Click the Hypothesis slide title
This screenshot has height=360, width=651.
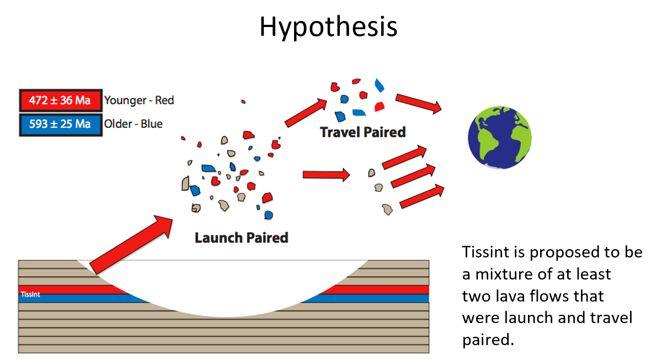click(328, 26)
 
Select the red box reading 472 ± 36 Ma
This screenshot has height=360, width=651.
click(60, 100)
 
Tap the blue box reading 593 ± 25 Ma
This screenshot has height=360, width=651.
click(60, 124)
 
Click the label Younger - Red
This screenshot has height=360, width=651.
click(139, 100)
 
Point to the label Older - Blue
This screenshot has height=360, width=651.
click(134, 124)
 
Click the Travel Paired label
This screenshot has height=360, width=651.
click(362, 132)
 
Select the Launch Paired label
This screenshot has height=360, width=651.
click(241, 238)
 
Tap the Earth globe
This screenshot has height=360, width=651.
click(499, 137)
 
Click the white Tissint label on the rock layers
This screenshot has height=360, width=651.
click(30, 294)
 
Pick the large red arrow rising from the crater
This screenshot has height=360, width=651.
click(131, 244)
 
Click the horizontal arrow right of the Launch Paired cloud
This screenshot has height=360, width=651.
click(326, 175)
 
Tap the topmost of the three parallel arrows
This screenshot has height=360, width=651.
click(404, 157)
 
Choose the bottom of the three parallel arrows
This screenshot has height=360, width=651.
click(421, 196)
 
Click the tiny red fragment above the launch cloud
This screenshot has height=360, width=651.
click(243, 101)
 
